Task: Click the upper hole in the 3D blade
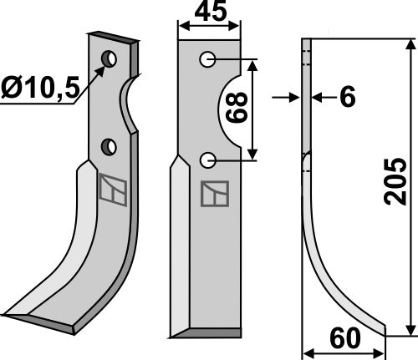109,58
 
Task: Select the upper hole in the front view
209,60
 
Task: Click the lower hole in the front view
209,160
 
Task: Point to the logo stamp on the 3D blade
112,191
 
